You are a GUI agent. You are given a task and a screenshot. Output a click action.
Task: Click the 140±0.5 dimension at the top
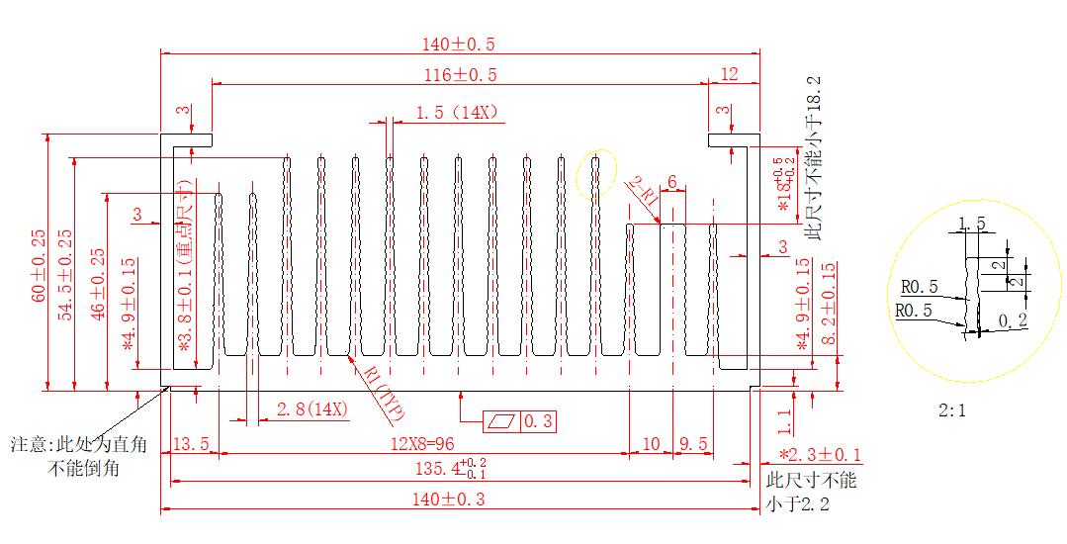[459, 44]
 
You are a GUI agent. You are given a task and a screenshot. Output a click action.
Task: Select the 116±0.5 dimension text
[461, 74]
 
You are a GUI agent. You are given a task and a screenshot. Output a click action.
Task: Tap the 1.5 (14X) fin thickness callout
[456, 113]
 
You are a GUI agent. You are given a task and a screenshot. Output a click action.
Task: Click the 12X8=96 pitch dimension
[422, 444]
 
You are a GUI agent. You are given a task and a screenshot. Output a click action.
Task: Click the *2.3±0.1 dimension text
[820, 455]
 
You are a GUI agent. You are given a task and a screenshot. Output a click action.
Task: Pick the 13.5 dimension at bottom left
[191, 444]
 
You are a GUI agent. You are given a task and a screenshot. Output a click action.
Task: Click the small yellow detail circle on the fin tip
[595, 175]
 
